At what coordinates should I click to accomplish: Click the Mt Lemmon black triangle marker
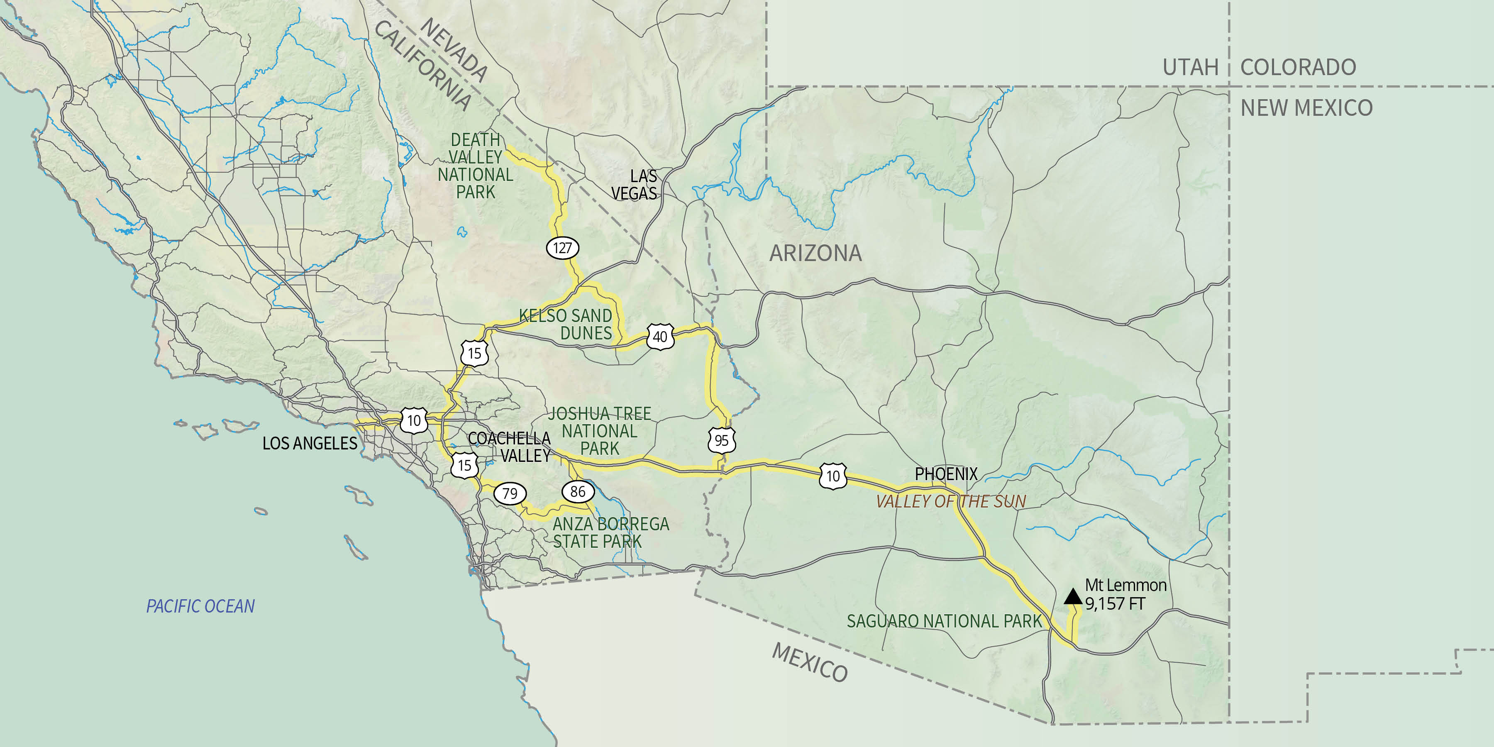tap(1073, 597)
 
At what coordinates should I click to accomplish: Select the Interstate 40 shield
tap(660, 337)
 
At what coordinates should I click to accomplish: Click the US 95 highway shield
tap(722, 441)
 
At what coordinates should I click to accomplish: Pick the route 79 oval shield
tap(510, 493)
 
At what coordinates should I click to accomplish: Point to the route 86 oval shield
tap(578, 492)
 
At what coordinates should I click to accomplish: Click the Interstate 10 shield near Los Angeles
tap(414, 420)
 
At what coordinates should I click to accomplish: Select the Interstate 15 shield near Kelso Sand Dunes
tap(474, 353)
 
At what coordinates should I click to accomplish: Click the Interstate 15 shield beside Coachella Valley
tap(464, 465)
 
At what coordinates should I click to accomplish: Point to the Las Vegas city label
tap(635, 184)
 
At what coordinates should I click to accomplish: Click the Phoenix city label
tap(946, 474)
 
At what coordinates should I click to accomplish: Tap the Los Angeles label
tap(310, 444)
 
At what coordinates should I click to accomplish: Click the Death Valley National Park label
tap(475, 166)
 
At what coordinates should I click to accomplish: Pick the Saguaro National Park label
tap(944, 621)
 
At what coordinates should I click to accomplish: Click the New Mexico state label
tap(1306, 108)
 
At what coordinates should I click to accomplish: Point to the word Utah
tap(1190, 67)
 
